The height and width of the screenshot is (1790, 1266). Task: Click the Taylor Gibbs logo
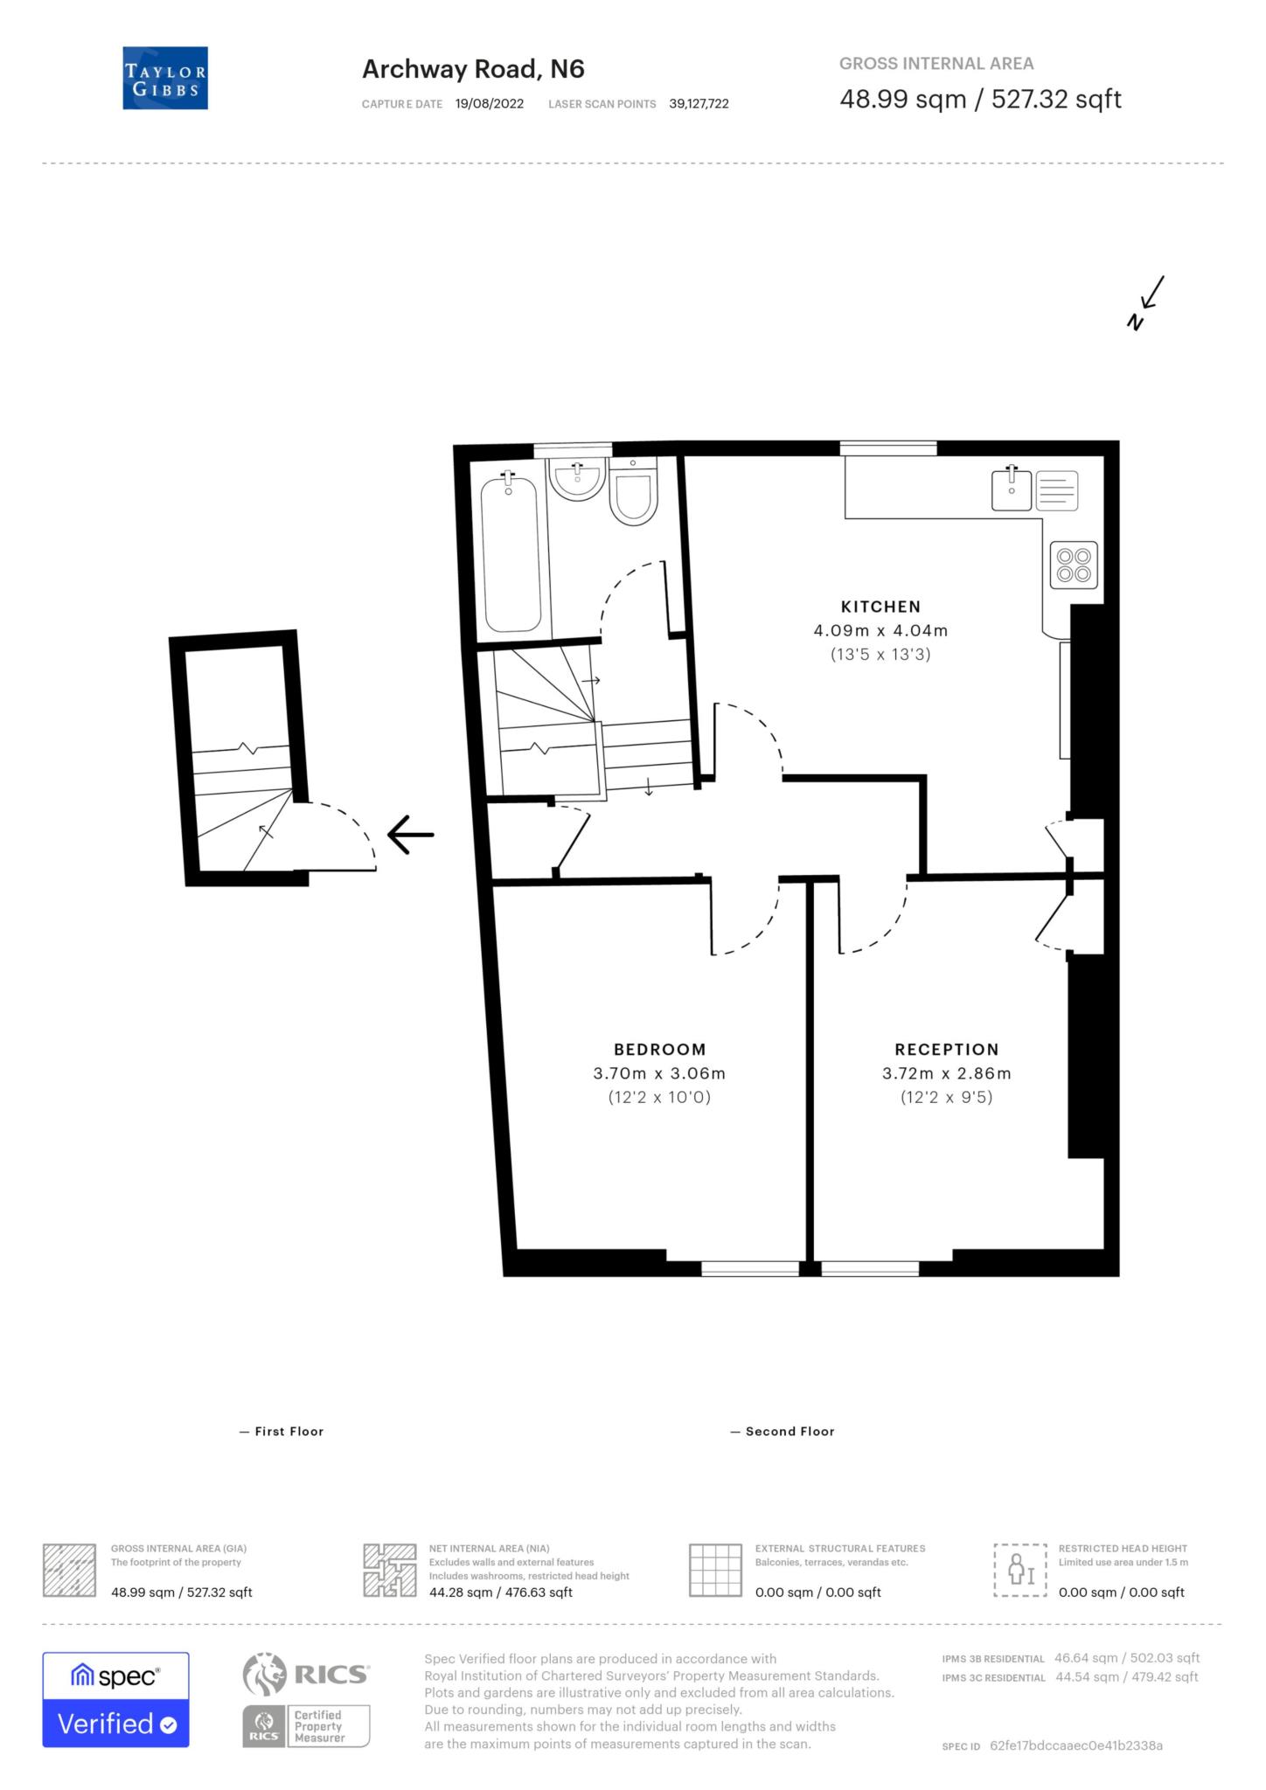coord(165,78)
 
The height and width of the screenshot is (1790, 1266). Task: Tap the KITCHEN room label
coord(880,607)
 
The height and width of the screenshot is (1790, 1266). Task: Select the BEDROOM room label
coord(659,1050)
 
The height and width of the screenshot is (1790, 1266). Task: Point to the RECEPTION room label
coord(946,1050)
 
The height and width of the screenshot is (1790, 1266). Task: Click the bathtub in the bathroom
coord(511,552)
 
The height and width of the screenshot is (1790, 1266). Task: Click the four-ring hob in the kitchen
coord(1074,565)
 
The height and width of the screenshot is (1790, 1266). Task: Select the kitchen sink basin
coord(1012,489)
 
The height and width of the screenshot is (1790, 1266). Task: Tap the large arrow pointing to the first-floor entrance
coord(410,834)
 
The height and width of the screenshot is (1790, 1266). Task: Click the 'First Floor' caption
coord(282,1432)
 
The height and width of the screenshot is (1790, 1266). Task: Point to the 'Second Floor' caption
coord(783,1432)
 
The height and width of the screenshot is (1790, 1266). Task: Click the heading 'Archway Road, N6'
coord(473,69)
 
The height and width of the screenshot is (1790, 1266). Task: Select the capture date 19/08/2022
coord(490,104)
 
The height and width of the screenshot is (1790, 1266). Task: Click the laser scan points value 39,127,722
coord(699,104)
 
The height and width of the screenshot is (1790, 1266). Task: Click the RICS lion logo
coord(264,1675)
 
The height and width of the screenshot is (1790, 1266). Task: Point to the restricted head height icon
coord(1019,1571)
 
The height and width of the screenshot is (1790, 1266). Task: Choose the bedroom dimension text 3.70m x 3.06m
coord(659,1074)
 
